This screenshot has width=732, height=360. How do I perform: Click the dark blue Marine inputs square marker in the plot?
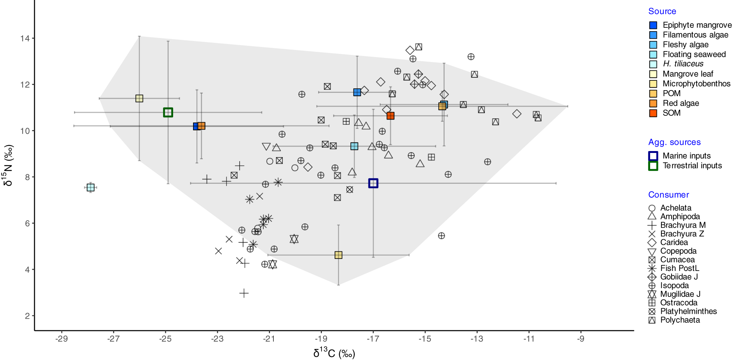[373, 183]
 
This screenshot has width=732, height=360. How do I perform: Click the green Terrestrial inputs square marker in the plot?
[168, 112]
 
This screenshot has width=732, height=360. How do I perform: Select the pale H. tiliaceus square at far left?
[91, 188]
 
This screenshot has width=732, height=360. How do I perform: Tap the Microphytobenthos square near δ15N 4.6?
[338, 255]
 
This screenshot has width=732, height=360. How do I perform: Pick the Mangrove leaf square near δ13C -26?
[139, 98]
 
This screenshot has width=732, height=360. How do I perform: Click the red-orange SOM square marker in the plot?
[391, 116]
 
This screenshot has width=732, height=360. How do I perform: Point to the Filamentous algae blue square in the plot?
[357, 92]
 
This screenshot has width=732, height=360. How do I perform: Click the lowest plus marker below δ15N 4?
[244, 293]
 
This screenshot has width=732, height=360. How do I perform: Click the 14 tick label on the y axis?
[25, 38]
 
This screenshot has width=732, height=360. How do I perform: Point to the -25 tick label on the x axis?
[165, 339]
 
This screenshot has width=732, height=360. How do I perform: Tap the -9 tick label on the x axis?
[581, 339]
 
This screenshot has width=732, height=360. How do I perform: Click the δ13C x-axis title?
[334, 353]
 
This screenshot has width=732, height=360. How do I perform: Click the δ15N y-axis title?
[8, 165]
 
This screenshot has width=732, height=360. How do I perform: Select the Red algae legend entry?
[681, 103]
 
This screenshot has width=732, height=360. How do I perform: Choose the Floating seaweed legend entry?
[694, 54]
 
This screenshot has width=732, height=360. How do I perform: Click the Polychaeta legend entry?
[680, 320]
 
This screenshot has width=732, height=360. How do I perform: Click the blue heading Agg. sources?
[674, 142]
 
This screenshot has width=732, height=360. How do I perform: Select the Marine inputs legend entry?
[686, 156]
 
